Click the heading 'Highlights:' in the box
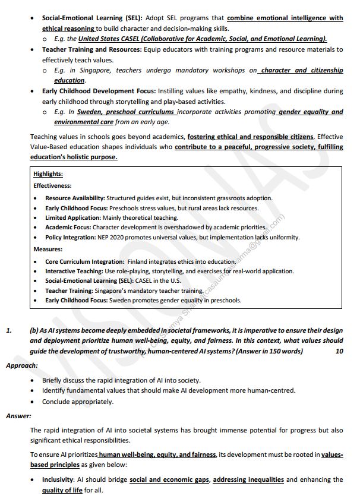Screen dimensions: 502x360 click(x=48, y=174)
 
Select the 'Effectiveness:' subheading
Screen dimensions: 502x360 click(x=52, y=185)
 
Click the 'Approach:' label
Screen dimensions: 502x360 click(x=22, y=365)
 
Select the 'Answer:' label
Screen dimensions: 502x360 click(x=18, y=416)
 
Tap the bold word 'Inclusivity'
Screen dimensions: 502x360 click(x=58, y=479)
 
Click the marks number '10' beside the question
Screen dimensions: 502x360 click(x=339, y=351)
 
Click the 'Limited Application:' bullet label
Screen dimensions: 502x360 click(x=73, y=217)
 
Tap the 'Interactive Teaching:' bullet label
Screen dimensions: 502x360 click(x=74, y=271)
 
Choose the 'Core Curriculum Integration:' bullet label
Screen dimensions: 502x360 click(x=84, y=261)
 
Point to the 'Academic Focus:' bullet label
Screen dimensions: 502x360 click(x=68, y=227)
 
